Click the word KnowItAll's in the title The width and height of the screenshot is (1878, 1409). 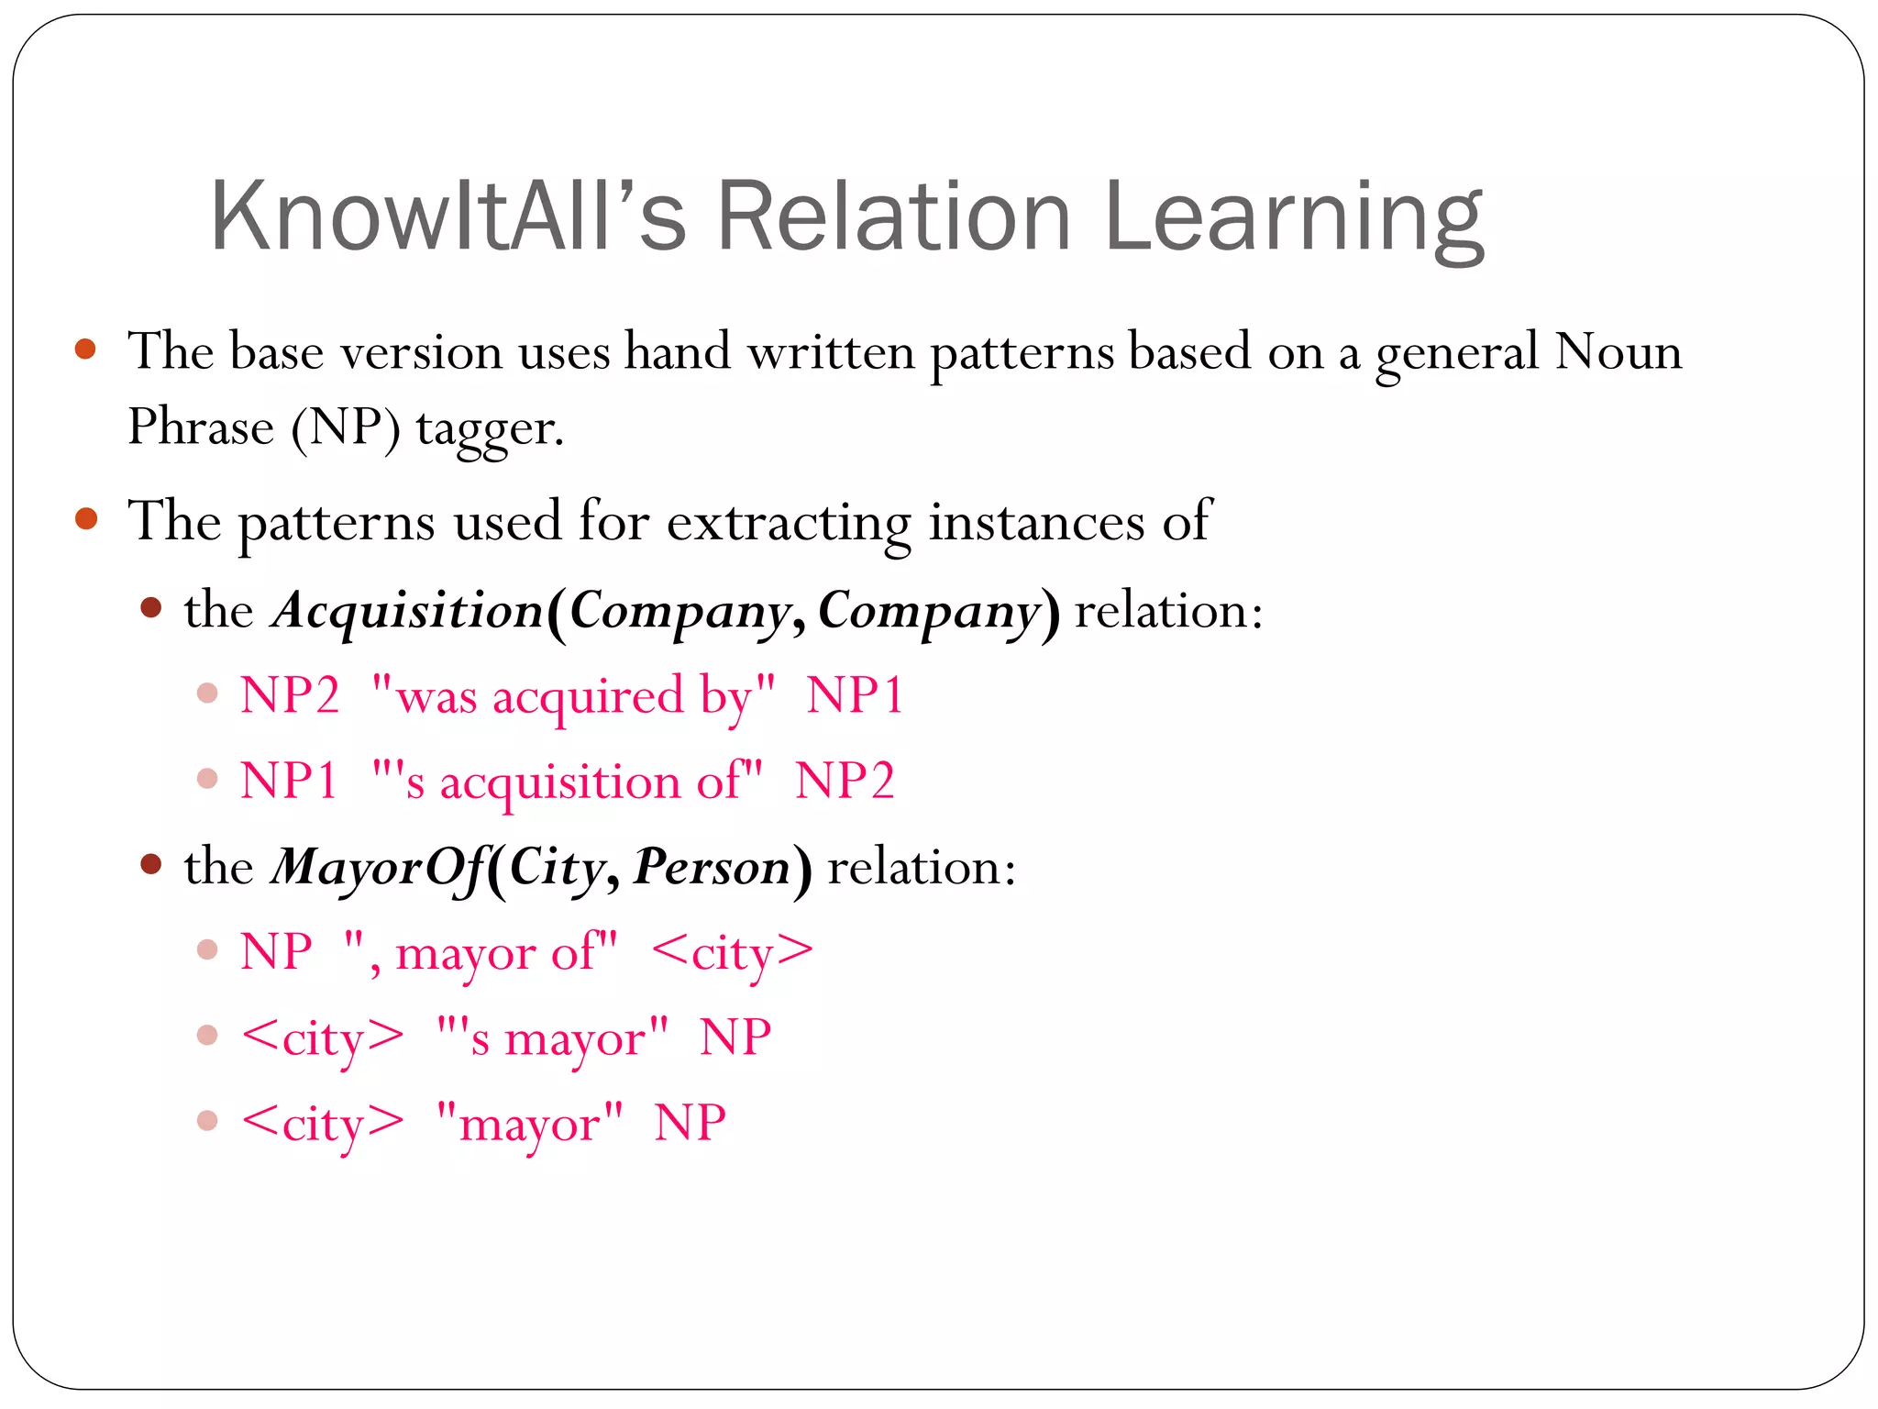click(x=447, y=216)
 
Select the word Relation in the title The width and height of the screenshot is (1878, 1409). click(x=893, y=216)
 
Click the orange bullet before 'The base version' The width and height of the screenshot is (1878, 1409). click(x=86, y=349)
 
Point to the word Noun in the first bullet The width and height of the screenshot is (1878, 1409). click(x=1618, y=351)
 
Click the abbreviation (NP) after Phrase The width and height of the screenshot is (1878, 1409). click(x=346, y=428)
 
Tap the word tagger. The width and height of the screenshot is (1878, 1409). click(x=489, y=428)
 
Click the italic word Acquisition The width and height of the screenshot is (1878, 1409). click(x=408, y=610)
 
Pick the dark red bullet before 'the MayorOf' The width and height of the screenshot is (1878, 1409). click(x=151, y=864)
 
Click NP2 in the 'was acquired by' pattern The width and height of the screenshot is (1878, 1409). click(x=290, y=695)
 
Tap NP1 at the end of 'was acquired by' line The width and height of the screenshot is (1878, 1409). click(x=855, y=695)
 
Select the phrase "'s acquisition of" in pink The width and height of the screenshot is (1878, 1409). click(x=567, y=782)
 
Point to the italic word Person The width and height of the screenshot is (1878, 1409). click(x=712, y=867)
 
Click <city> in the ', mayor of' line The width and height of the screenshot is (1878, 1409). click(x=732, y=952)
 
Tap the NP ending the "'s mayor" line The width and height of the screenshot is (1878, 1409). click(x=735, y=1038)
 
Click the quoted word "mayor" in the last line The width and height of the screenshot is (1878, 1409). click(x=529, y=1124)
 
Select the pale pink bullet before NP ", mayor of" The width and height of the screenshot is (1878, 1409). click(x=207, y=949)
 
